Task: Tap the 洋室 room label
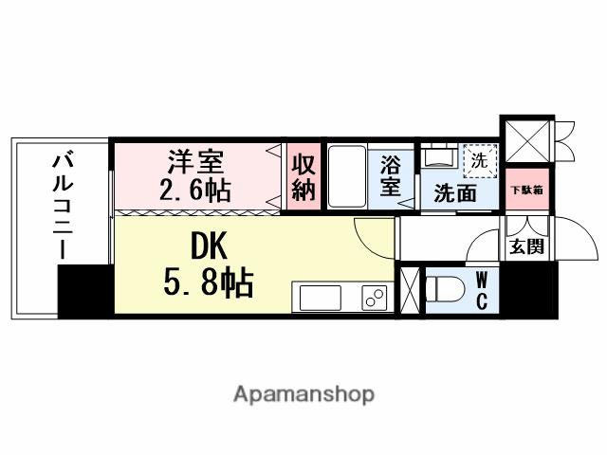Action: [x=195, y=157]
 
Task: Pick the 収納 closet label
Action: [x=303, y=176]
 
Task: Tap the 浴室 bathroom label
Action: [x=391, y=176]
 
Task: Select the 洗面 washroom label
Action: [x=455, y=194]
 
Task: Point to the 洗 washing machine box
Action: [x=478, y=160]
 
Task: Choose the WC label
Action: [x=482, y=290]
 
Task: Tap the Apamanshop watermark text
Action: [x=303, y=393]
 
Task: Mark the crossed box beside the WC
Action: [x=411, y=290]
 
